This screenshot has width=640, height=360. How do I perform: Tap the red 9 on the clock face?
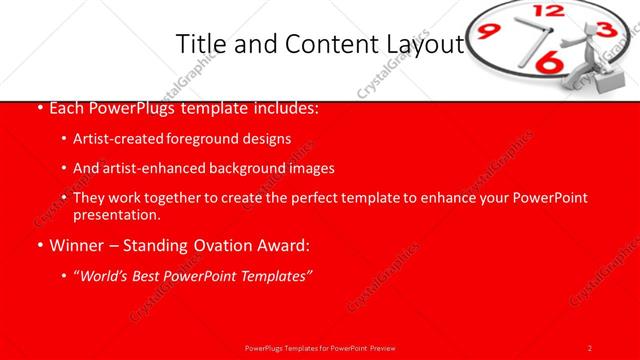(487, 31)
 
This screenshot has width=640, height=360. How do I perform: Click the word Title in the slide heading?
(199, 44)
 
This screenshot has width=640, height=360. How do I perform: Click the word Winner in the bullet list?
(76, 245)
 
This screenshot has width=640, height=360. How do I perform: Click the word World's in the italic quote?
(110, 276)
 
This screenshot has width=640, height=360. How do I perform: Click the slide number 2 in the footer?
(590, 347)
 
